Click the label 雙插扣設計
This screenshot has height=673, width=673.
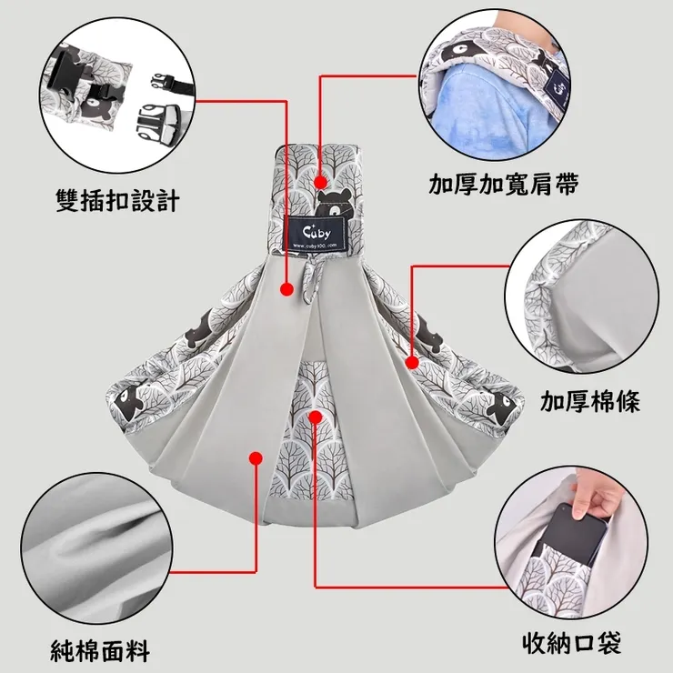pyautogui.click(x=117, y=198)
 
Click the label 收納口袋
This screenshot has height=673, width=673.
pyautogui.click(x=572, y=645)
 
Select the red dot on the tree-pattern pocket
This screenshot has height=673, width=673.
pyautogui.click(x=315, y=416)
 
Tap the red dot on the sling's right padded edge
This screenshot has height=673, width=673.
pyautogui.click(x=411, y=361)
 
